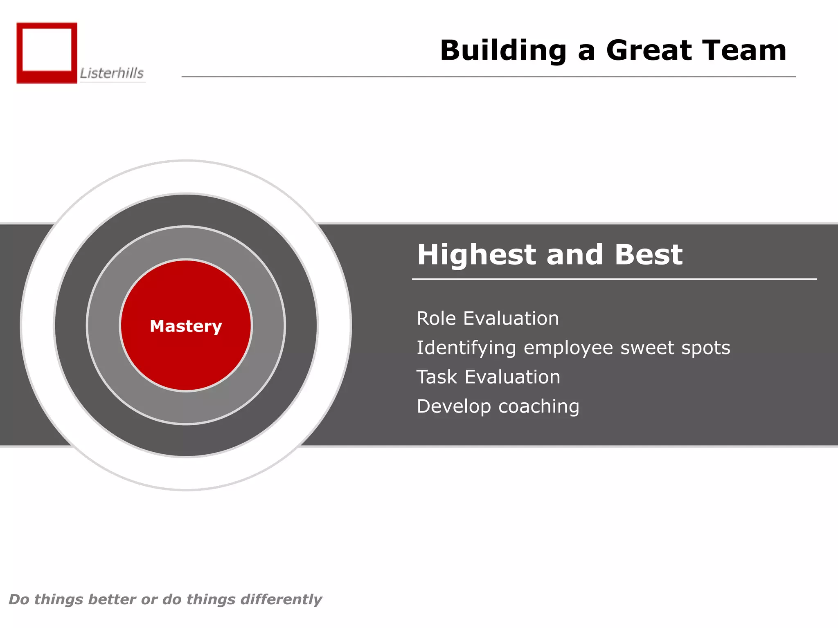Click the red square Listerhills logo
[47, 53]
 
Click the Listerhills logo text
[112, 73]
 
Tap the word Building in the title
[503, 51]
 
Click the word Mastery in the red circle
[186, 326]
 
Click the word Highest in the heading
[476, 254]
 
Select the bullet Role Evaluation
[487, 318]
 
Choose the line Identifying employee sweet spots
[573, 348]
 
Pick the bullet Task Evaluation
[488, 377]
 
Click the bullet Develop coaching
[498, 406]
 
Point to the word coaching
[538, 407]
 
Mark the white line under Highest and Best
[614, 279]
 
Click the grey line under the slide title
[488, 76]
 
